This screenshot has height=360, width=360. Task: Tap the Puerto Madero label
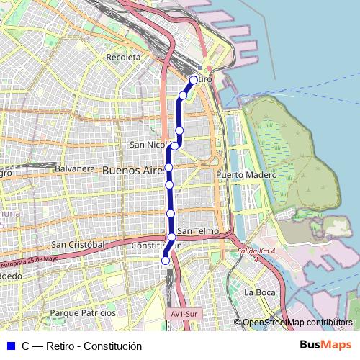pos(246,175)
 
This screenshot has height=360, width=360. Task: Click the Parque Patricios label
pos(83,312)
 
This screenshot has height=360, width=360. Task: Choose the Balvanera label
pos(75,169)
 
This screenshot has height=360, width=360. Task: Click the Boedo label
pos(10,276)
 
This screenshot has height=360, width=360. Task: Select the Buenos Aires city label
pos(134,171)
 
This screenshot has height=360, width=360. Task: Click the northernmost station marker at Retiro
pos(194,80)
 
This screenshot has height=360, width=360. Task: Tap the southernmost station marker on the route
pos(165,261)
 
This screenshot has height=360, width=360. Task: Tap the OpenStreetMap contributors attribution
pos(297,322)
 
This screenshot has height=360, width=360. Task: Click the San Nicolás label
pos(148,145)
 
